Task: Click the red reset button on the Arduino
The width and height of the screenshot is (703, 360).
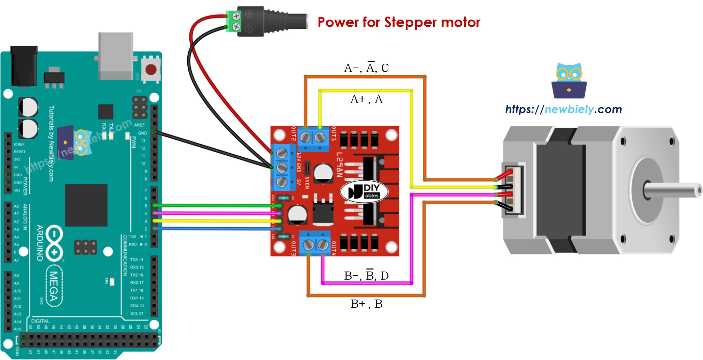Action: coord(151,70)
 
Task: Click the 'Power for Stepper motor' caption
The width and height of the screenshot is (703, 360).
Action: coord(399,23)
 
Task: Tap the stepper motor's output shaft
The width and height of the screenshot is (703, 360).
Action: coord(672,190)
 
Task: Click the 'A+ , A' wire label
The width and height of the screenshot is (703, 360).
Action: coord(366,99)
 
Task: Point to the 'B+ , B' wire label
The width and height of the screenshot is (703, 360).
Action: coord(366,304)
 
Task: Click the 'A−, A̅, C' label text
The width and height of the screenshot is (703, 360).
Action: coord(366,68)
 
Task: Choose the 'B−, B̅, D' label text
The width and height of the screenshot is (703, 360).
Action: coord(366,276)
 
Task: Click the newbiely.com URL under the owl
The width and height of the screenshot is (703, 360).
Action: coord(563,109)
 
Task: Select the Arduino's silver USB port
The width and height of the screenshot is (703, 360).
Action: coord(115,56)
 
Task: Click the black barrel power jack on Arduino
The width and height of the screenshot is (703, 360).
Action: coord(24,66)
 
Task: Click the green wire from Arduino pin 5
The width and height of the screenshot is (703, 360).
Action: coord(216,205)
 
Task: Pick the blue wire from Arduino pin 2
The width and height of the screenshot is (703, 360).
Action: coord(216,229)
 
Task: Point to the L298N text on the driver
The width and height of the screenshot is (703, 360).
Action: coord(339,164)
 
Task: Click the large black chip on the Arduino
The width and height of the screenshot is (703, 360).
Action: coord(86,205)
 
